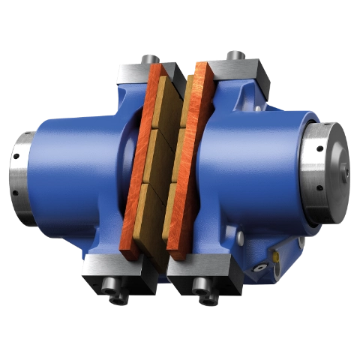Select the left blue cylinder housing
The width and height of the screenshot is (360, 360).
click(75, 172)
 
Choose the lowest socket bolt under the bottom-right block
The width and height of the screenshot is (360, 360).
click(205, 301)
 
